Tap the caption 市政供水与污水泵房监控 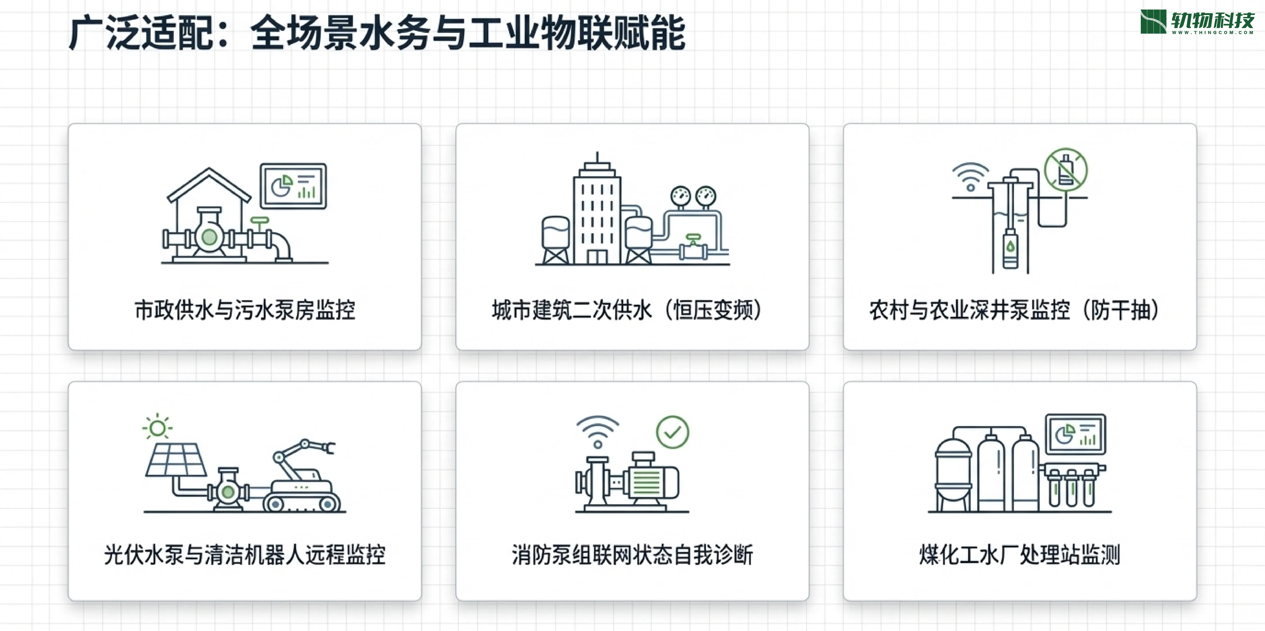tap(245, 310)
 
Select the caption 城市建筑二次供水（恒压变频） tap(627, 310)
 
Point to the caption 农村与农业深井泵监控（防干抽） tap(1015, 310)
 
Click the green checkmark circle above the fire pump tap(672, 432)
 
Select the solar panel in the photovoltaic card tap(175, 460)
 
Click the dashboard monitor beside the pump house tap(293, 186)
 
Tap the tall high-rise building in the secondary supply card tap(597, 211)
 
